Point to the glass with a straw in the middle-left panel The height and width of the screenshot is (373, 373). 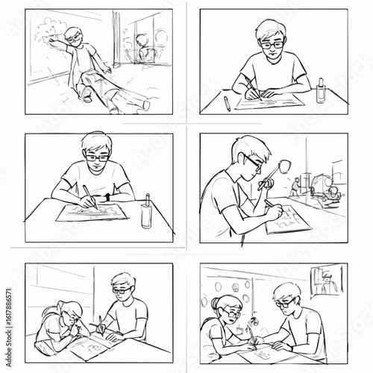[145, 212]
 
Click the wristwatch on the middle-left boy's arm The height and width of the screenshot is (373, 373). [109, 195]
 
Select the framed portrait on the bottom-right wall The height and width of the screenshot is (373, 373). [322, 280]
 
